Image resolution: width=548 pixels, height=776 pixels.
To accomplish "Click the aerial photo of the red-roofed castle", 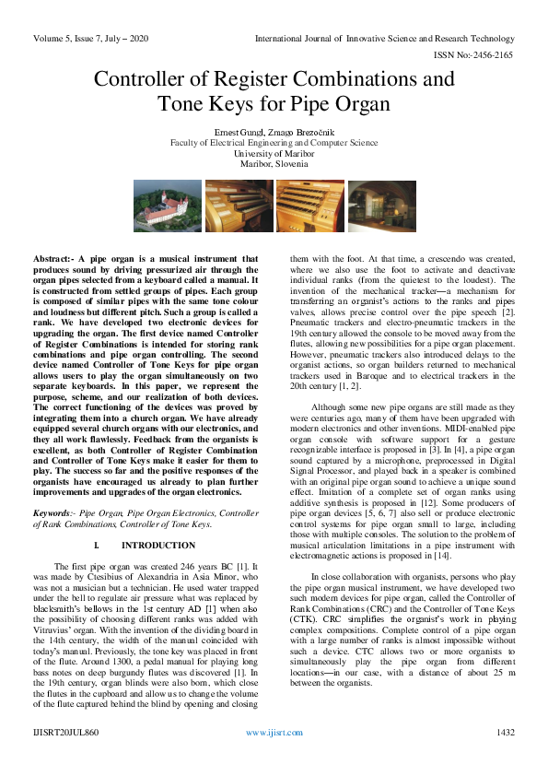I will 168,206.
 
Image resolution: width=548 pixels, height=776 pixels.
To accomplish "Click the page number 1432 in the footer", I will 505,758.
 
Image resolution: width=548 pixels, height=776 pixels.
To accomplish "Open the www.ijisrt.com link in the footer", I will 274,758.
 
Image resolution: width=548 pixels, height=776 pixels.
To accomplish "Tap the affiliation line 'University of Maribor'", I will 274,153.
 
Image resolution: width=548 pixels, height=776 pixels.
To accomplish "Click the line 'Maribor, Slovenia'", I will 274,163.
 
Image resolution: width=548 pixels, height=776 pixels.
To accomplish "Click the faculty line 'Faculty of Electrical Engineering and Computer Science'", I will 274,143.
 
